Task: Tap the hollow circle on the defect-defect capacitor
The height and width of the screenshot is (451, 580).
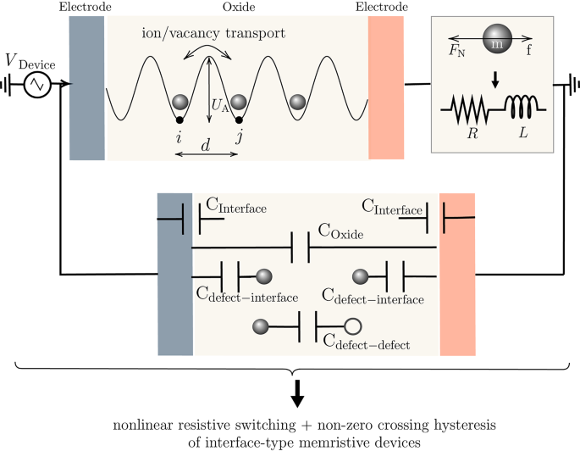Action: [353, 326]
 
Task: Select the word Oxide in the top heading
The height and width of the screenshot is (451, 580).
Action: [238, 8]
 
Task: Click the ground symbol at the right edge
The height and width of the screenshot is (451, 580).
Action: [570, 85]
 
